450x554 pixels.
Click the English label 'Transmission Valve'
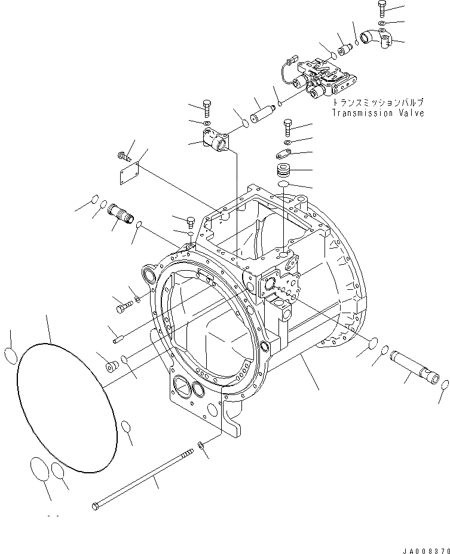click(x=378, y=112)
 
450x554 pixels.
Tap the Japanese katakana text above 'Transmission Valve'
click(x=378, y=103)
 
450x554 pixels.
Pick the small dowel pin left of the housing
click(x=118, y=341)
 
